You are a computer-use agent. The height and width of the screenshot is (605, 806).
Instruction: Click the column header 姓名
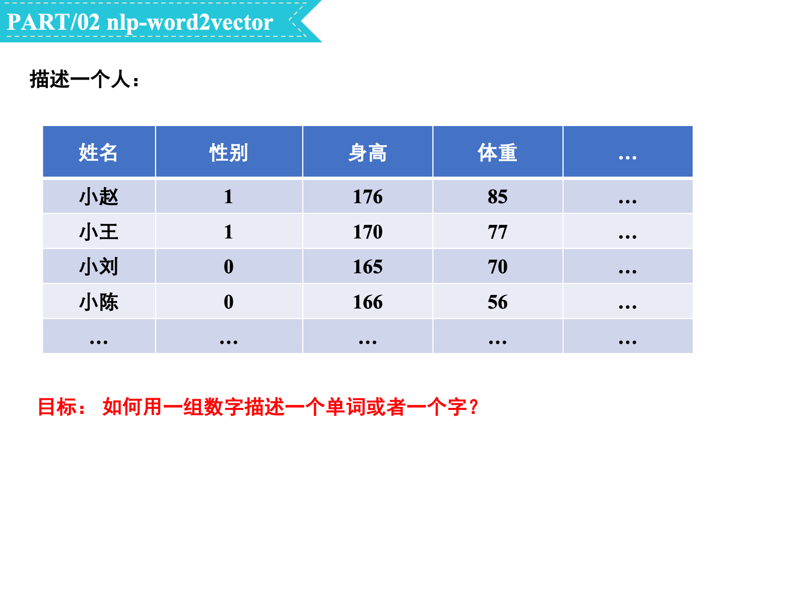click(x=98, y=152)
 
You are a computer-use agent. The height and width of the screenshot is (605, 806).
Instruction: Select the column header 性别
click(x=228, y=152)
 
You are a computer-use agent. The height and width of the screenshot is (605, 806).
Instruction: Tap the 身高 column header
click(x=368, y=152)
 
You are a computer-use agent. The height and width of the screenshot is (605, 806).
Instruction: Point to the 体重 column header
click(x=498, y=152)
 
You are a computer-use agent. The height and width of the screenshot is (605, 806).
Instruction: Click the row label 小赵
click(x=99, y=197)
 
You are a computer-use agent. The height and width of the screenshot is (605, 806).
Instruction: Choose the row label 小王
click(x=99, y=232)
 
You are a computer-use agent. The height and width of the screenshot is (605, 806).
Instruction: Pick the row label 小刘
click(x=99, y=267)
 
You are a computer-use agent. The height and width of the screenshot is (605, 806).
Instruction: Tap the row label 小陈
click(x=99, y=302)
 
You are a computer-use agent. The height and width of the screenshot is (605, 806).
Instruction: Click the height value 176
click(x=368, y=197)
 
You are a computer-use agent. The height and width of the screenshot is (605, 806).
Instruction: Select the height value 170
click(x=368, y=232)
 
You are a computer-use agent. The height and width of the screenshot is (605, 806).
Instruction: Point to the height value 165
click(x=368, y=267)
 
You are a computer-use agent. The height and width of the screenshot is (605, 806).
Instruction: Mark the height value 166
click(x=368, y=302)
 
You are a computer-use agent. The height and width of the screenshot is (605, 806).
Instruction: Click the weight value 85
click(x=498, y=197)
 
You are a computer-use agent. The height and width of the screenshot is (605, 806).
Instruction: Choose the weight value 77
click(x=498, y=232)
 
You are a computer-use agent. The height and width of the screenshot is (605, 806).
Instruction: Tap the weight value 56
click(x=498, y=302)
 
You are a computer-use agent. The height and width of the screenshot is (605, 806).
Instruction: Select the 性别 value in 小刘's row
click(x=228, y=267)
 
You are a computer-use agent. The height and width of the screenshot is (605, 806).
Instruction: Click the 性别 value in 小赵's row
click(x=228, y=197)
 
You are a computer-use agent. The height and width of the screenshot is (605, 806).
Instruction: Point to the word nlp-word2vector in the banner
click(x=189, y=23)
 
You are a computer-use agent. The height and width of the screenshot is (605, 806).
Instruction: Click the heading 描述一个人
click(x=80, y=79)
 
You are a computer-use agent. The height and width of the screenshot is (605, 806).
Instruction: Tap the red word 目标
click(x=57, y=407)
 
